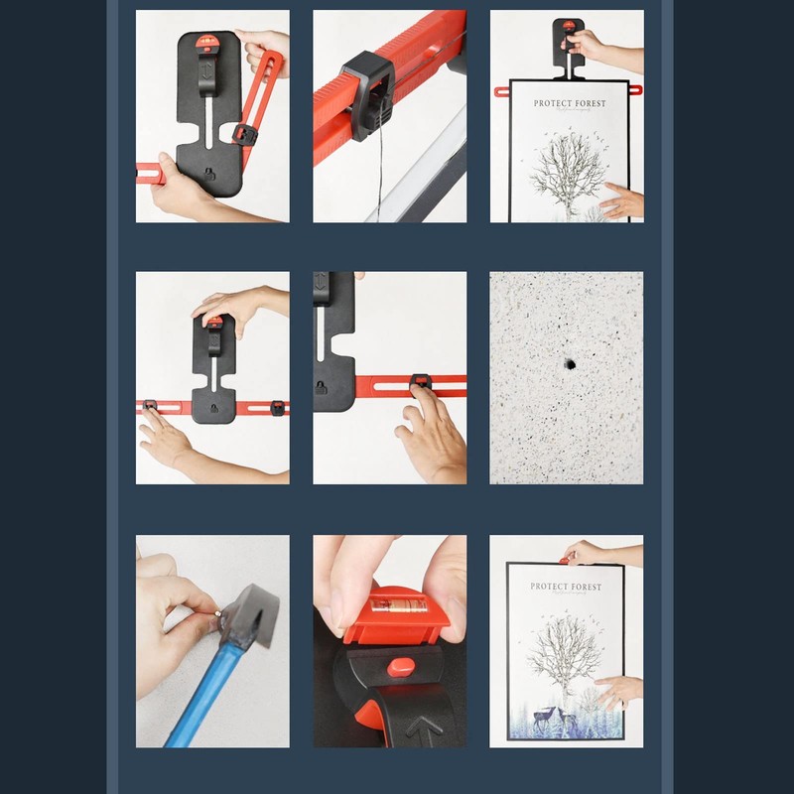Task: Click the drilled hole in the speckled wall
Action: point(571,364)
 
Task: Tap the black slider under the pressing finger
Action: point(421,382)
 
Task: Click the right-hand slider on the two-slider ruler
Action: point(278,407)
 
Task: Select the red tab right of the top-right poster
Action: point(635,90)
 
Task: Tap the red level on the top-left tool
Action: point(208,43)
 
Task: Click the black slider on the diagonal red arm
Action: point(241,133)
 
